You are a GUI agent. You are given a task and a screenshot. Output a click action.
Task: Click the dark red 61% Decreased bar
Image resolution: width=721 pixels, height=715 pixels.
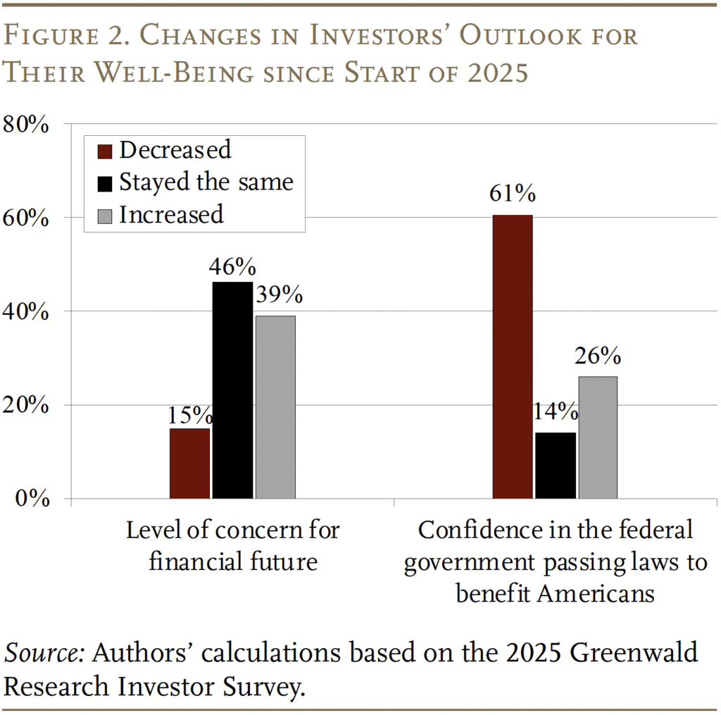pyautogui.click(x=512, y=356)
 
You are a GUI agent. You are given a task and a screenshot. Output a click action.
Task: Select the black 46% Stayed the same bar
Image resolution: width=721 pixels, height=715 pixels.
pyautogui.click(x=232, y=390)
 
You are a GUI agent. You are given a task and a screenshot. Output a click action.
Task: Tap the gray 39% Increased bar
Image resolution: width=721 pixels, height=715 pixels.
pyautogui.click(x=275, y=407)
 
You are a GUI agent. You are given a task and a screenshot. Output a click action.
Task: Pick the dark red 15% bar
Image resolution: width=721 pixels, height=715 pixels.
pyautogui.click(x=189, y=464)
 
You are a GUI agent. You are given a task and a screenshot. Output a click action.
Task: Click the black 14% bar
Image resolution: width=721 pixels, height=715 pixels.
pyautogui.click(x=555, y=466)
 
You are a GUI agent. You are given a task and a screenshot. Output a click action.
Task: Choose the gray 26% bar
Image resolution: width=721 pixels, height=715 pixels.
pyautogui.click(x=598, y=437)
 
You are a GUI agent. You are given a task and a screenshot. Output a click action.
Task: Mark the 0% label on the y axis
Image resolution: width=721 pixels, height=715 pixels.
pyautogui.click(x=32, y=499)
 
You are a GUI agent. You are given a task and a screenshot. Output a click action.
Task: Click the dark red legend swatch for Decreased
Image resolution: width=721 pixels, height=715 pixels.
pyautogui.click(x=104, y=151)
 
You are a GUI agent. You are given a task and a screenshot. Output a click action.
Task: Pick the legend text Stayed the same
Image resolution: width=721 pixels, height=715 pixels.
pyautogui.click(x=206, y=182)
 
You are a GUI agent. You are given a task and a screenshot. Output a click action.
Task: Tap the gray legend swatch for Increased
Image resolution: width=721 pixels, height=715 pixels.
pyautogui.click(x=104, y=215)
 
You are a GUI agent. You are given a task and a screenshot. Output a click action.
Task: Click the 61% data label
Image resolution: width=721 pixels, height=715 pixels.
pyautogui.click(x=513, y=194)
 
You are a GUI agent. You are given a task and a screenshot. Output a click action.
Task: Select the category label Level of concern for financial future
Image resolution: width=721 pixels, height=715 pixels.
pyautogui.click(x=232, y=545)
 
